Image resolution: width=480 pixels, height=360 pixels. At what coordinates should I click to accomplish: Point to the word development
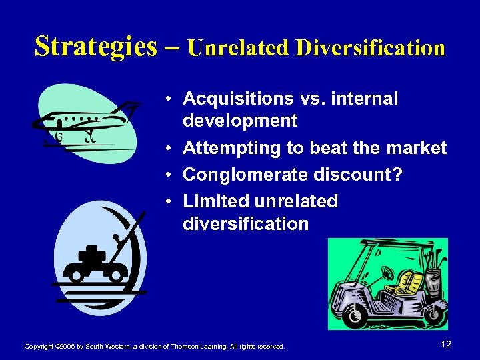(x=240, y=121)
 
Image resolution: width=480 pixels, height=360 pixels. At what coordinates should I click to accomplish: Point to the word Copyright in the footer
(x=40, y=347)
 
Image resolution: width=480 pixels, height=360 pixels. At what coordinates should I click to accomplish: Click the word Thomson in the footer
(x=186, y=347)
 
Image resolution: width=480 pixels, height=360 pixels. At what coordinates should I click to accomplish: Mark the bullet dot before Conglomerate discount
(x=171, y=175)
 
